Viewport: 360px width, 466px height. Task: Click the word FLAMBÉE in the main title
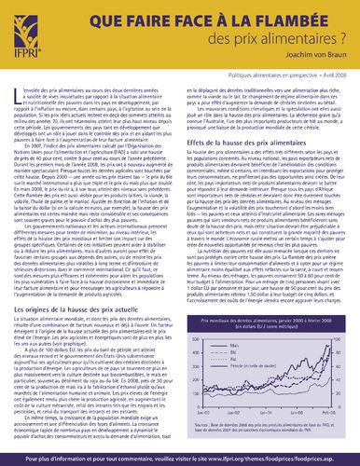pos(251,20)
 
